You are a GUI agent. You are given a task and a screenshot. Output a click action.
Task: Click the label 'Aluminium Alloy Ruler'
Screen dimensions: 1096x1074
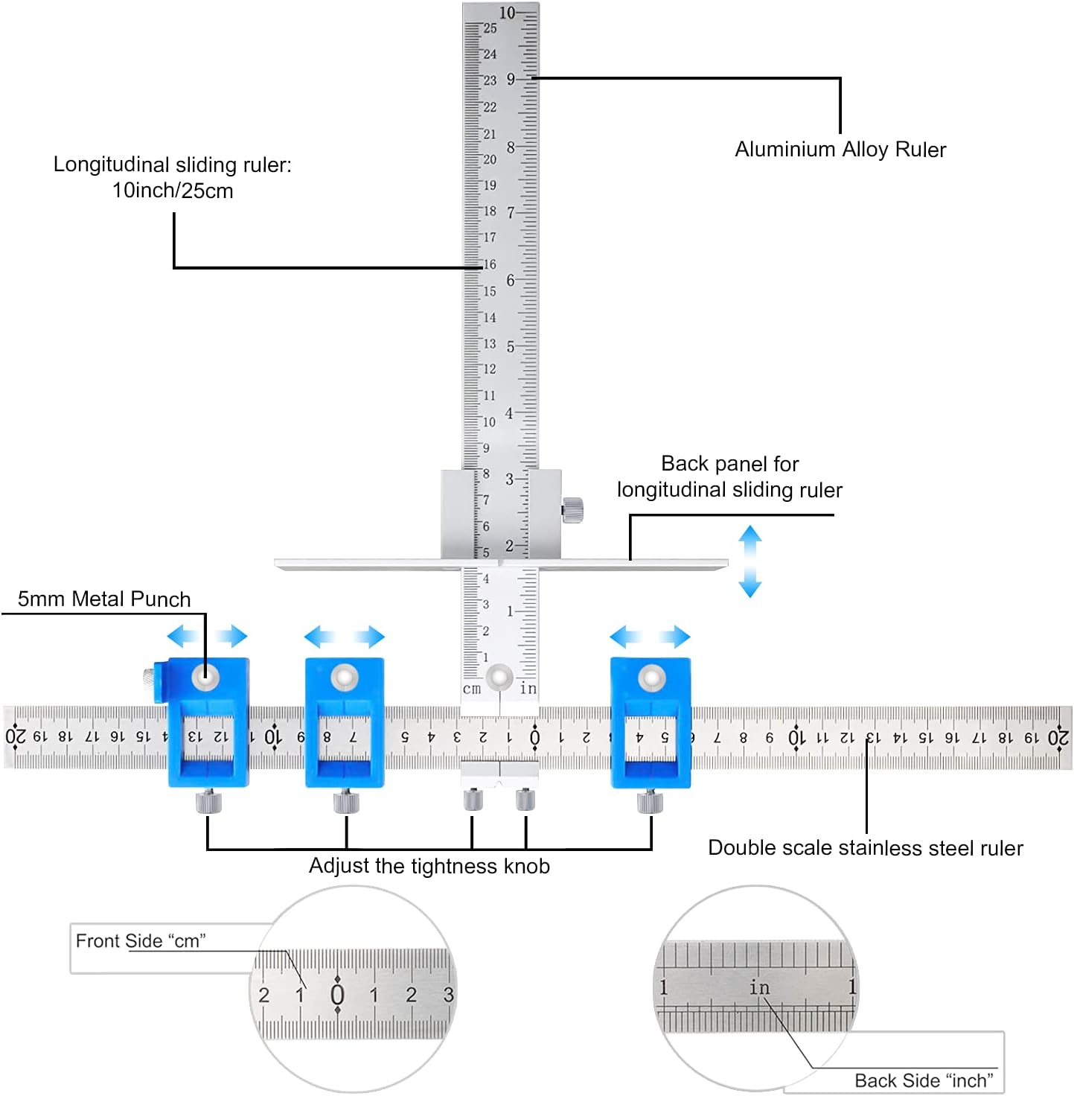tap(840, 150)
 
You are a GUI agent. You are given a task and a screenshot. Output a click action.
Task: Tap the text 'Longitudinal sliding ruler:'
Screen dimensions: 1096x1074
tap(172, 165)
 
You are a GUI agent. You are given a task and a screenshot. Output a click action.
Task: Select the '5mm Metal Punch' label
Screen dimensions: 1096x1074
tap(104, 599)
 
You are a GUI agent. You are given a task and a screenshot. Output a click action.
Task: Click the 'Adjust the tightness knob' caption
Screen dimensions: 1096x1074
tap(429, 866)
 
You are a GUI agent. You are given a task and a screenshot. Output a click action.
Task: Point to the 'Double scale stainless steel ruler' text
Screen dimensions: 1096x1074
tap(866, 848)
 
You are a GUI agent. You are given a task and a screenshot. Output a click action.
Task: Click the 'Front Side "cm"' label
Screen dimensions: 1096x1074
tap(141, 941)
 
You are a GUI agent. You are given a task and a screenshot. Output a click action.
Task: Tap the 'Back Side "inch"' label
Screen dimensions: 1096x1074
tap(924, 1080)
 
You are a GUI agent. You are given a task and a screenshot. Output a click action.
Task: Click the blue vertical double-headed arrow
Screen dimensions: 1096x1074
tap(749, 561)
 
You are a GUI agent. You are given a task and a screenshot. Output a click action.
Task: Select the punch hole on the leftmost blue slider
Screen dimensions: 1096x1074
tap(205, 677)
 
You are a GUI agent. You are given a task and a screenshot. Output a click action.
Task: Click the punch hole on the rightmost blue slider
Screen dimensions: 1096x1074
tap(652, 678)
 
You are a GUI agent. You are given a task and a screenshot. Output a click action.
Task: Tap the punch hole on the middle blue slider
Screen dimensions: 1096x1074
tap(345, 678)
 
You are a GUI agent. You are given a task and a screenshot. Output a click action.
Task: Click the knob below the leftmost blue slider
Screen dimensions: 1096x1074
tap(209, 803)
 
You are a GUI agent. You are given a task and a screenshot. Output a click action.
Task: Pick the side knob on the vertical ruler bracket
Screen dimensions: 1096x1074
tap(572, 510)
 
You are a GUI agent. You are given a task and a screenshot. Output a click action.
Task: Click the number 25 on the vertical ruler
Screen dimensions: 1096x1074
tap(490, 28)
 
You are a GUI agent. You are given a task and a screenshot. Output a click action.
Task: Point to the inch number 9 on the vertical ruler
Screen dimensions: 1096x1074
tap(511, 79)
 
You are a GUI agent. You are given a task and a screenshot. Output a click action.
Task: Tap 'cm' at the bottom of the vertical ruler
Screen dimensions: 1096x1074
tap(472, 689)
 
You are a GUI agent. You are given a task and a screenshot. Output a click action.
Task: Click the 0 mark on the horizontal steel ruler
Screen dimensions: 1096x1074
tap(534, 737)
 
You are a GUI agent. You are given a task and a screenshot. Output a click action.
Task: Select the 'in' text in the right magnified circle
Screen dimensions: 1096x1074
tap(759, 987)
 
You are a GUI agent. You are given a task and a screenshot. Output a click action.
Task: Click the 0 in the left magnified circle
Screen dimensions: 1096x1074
tap(337, 995)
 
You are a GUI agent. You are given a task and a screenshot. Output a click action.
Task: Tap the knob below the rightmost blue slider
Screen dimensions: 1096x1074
tap(650, 803)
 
